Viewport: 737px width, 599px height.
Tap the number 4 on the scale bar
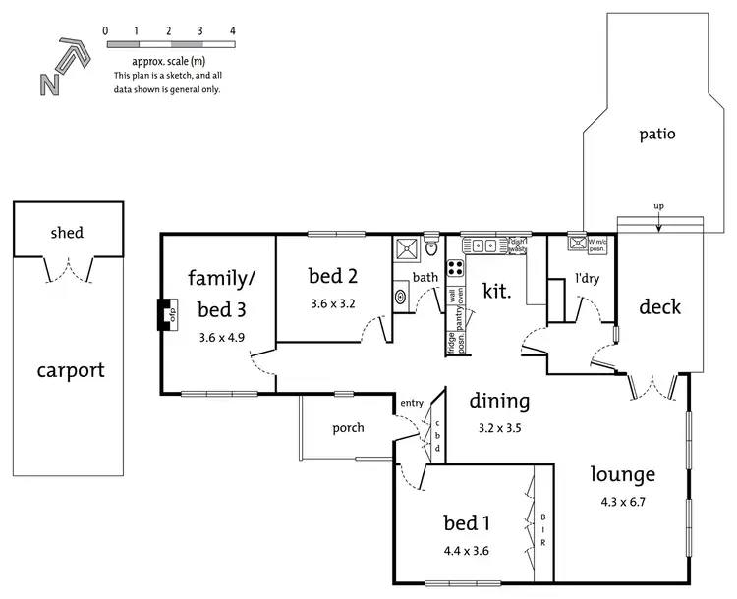click(233, 31)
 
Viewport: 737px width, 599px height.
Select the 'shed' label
click(67, 233)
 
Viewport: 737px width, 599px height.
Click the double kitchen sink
click(482, 245)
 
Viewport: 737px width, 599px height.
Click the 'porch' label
click(348, 427)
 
